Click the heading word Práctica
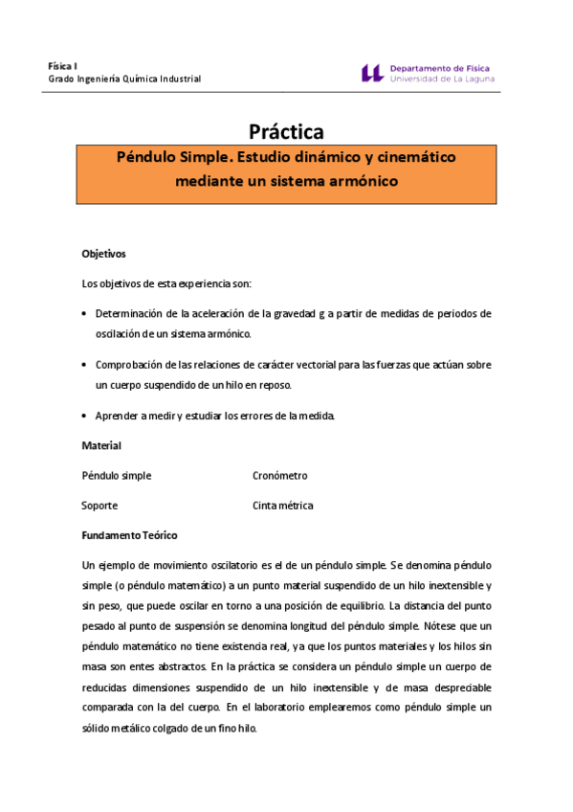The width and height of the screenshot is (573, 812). (286, 131)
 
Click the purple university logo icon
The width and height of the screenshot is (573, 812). (372, 73)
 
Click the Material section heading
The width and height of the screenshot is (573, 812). (101, 445)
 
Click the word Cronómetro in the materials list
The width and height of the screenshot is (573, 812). (279, 476)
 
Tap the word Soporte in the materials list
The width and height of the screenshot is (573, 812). (99, 506)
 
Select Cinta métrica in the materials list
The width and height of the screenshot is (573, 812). (282, 506)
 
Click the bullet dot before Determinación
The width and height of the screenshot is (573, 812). (85, 314)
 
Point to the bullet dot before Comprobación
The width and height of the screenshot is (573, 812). (85, 365)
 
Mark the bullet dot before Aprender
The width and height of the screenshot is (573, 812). (85, 416)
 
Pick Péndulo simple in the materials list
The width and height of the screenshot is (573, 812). (117, 476)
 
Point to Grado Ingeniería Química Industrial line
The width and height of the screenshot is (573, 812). (124, 79)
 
